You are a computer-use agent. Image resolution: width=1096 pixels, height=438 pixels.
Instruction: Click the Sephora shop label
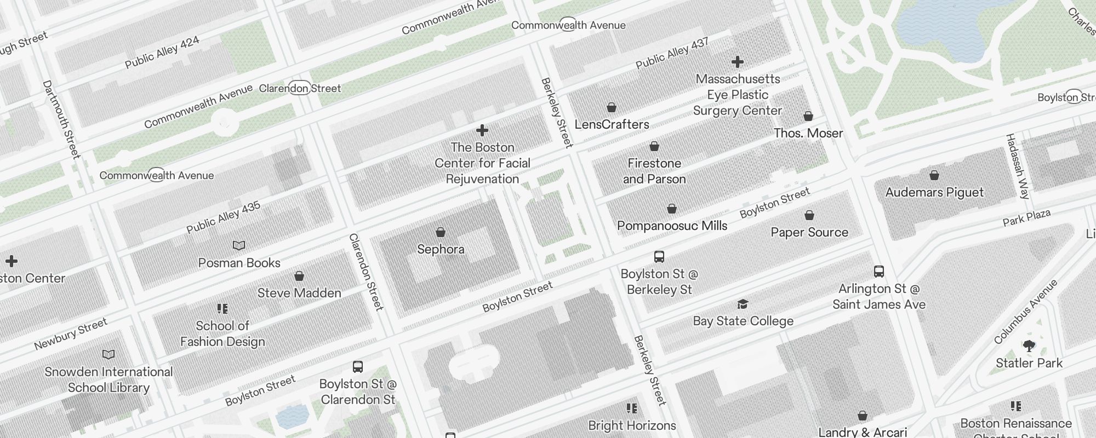(441, 250)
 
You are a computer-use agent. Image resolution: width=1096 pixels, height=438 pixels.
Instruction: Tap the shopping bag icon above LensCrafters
(612, 107)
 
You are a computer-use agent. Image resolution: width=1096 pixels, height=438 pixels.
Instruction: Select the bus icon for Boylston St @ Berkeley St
(659, 256)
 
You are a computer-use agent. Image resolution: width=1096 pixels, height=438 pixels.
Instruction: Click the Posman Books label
(239, 263)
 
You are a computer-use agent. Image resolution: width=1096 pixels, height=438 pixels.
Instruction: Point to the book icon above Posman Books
(239, 245)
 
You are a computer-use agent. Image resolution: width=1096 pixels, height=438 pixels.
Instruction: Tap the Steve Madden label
(299, 293)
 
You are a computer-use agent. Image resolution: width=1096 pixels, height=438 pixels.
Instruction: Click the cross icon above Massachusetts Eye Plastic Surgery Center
(738, 62)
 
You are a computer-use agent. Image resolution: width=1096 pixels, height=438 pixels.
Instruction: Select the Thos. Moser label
(808, 133)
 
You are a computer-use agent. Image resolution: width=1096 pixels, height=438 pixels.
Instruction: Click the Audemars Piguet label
(934, 192)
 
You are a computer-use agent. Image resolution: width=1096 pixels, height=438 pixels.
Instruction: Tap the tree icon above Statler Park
(1029, 345)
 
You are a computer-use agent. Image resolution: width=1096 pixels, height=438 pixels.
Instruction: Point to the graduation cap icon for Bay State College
(743, 304)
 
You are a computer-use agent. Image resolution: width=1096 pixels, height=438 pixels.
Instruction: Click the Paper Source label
(809, 232)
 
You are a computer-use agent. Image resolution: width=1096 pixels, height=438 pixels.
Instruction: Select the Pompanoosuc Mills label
(672, 226)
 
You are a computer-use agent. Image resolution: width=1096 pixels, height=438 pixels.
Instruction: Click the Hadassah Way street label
(1018, 166)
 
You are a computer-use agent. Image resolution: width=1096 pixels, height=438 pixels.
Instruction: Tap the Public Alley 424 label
(162, 53)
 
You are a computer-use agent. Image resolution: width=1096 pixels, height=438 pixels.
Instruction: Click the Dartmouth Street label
(61, 119)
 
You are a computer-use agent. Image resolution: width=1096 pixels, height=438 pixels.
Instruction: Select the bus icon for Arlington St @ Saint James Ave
(879, 272)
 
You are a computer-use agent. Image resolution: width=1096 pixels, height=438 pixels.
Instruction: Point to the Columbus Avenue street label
(1026, 312)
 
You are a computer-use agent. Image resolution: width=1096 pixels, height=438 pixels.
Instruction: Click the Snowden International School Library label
(109, 379)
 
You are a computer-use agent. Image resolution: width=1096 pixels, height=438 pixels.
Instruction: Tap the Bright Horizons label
(632, 425)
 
